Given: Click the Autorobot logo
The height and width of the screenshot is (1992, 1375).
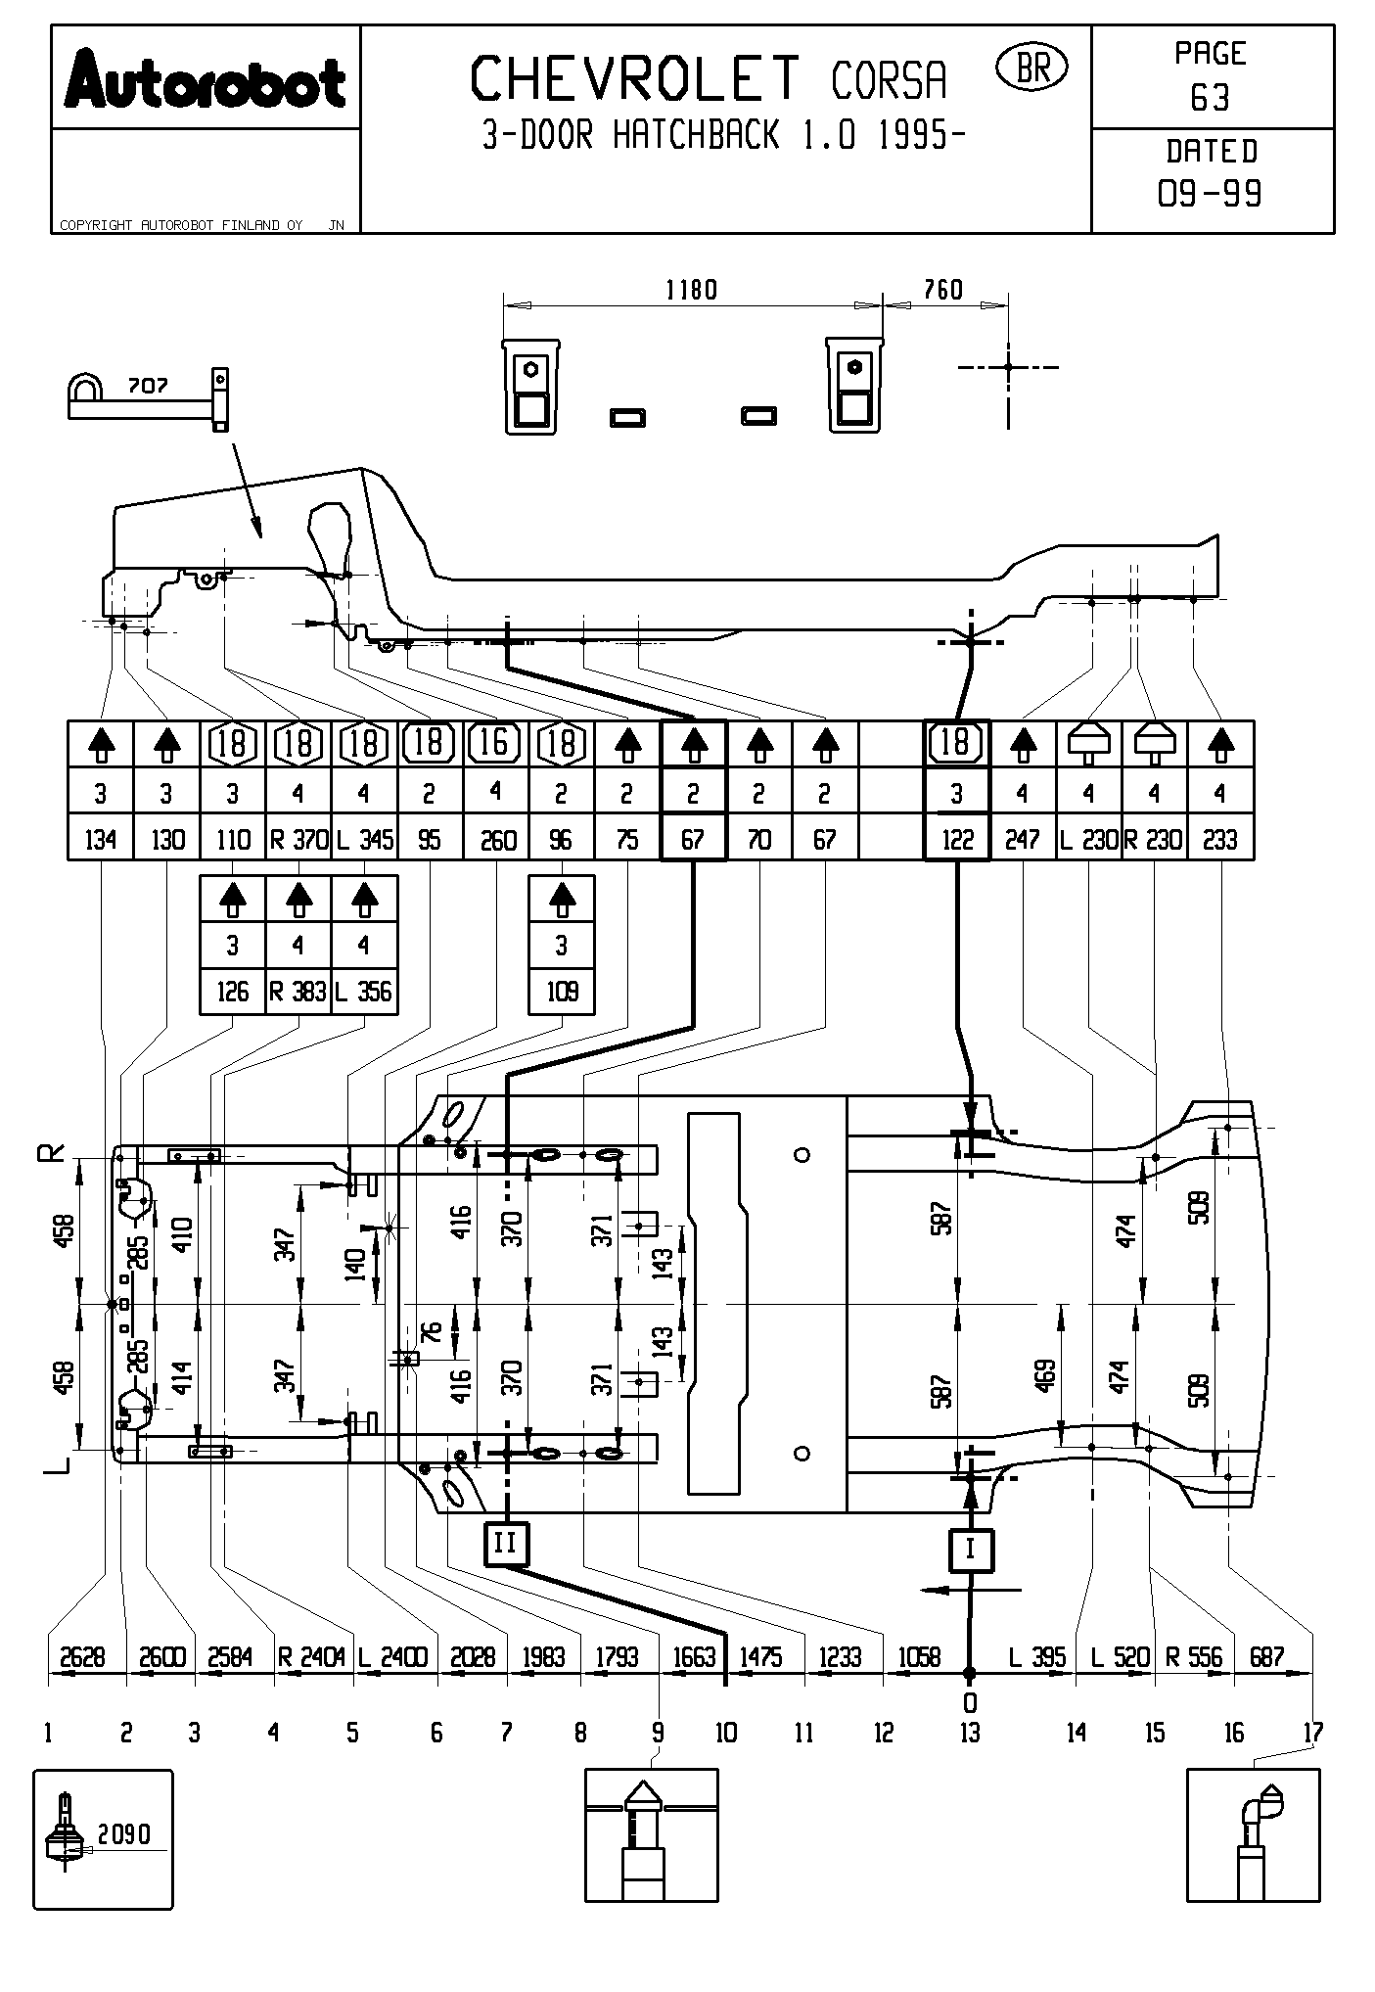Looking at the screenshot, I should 205,80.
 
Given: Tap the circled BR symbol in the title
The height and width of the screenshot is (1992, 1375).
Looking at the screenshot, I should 1031,68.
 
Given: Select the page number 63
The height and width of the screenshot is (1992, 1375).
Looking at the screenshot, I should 1211,98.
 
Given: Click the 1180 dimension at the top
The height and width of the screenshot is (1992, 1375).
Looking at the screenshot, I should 691,290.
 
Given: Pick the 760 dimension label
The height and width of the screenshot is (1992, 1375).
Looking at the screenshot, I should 943,290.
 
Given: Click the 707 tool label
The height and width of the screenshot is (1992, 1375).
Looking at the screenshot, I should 148,386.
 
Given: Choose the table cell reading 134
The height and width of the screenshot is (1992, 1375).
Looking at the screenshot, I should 101,839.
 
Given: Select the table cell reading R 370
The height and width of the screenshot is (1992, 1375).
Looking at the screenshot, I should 298,839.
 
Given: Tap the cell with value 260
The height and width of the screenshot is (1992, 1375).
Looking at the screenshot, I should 497,839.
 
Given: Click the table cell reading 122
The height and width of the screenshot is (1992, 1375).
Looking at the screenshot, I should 957,839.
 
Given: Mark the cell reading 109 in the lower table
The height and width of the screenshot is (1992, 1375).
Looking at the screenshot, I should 562,992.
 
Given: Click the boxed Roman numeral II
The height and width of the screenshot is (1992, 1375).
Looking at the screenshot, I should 506,1544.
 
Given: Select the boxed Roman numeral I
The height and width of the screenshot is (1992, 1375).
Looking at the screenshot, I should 970,1550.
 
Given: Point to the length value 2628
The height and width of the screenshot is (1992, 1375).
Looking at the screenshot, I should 82,1656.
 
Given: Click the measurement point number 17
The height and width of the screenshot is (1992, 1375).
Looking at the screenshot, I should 1312,1733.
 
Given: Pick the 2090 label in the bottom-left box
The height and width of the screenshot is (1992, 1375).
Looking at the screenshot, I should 124,1833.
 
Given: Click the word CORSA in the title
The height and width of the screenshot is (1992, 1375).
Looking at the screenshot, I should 889,81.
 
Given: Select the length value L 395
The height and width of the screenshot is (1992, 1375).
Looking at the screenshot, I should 1036,1656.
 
